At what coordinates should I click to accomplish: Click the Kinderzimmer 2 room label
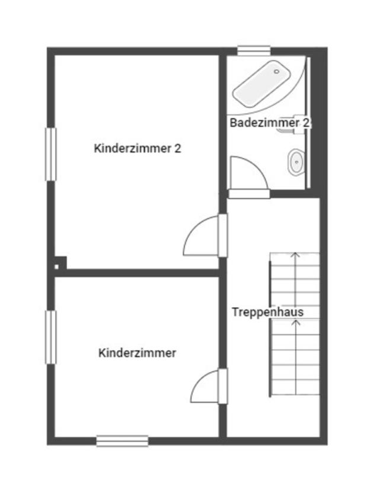pos(137,149)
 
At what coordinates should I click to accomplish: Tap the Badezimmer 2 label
pos(270,123)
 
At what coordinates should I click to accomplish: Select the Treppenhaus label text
pos(267,312)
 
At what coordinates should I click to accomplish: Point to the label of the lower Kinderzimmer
pos(137,353)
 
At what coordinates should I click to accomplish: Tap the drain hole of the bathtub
pos(276,72)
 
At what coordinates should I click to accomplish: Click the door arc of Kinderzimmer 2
pos(200,237)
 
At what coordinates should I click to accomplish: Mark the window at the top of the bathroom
pos(254,51)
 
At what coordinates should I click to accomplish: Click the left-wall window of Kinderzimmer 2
pos(51,154)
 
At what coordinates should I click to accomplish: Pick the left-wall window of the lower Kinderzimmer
pos(51,337)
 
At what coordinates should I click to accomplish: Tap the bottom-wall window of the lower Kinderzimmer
pos(122,440)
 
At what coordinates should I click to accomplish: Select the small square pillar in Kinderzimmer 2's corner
pos(60,263)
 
